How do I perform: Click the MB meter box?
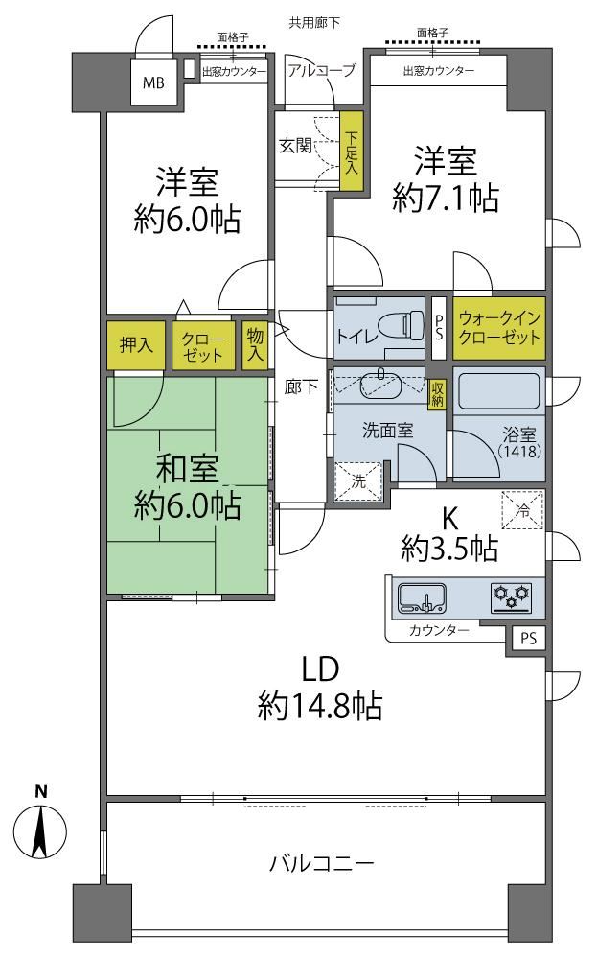pos(154,82)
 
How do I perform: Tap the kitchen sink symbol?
pos(423,597)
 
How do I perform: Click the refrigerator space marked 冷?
pos(523,510)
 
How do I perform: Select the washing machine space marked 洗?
pos(358,481)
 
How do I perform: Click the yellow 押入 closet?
pos(136,345)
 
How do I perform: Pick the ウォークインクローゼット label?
pos(499,328)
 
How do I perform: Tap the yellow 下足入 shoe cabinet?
pos(352,152)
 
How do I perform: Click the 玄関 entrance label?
pos(296,146)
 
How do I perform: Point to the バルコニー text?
pos(322,864)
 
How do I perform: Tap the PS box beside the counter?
pos(528,639)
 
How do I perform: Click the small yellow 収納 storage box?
pos(437,393)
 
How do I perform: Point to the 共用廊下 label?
pos(314,23)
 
